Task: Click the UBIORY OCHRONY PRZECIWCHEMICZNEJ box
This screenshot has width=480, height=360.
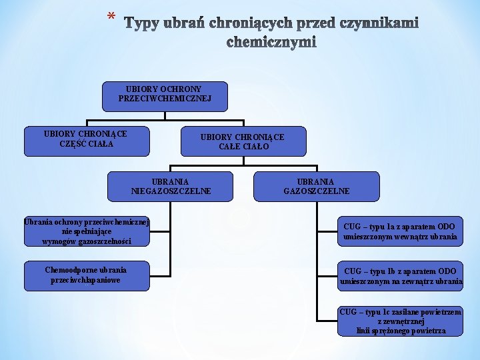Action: pos(165,96)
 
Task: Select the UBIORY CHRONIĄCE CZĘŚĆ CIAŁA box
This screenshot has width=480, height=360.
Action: pos(86,139)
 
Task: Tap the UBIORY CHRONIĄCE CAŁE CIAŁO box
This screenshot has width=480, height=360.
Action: pos(242,141)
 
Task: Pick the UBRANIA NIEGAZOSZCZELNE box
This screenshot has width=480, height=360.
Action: pos(171,186)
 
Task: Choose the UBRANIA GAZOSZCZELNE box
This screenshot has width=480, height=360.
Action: pos(316,186)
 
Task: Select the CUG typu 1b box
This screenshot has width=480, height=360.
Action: pos(399,276)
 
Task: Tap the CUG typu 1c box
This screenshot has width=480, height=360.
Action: pos(399,321)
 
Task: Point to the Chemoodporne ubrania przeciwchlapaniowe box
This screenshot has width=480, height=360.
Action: pos(86,275)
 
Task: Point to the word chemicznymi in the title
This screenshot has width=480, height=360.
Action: pos(272,43)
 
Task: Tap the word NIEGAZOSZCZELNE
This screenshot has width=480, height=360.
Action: pos(171,191)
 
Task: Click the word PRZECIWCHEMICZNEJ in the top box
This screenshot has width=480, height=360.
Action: pos(165,99)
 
